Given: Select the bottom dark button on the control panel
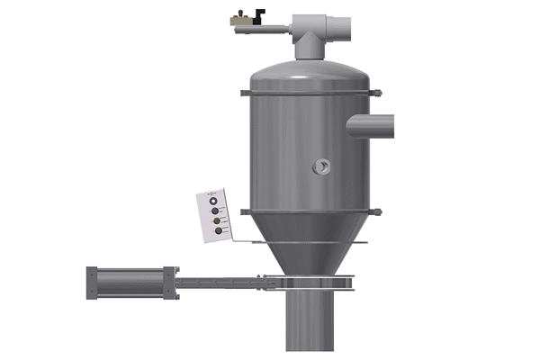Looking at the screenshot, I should (x=218, y=231).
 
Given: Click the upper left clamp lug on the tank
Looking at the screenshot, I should (x=244, y=92).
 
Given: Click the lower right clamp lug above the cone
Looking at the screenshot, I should (x=378, y=211).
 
